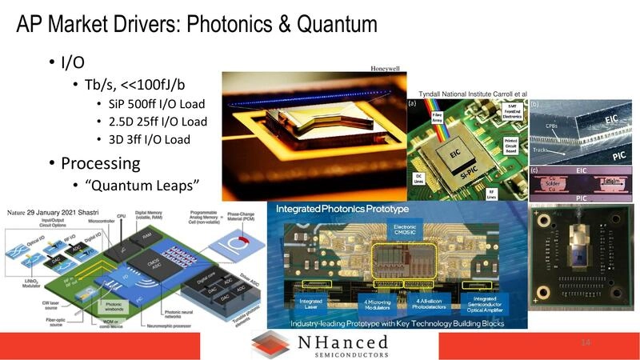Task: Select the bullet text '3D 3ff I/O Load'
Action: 150,139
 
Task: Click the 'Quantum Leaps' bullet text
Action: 142,186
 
